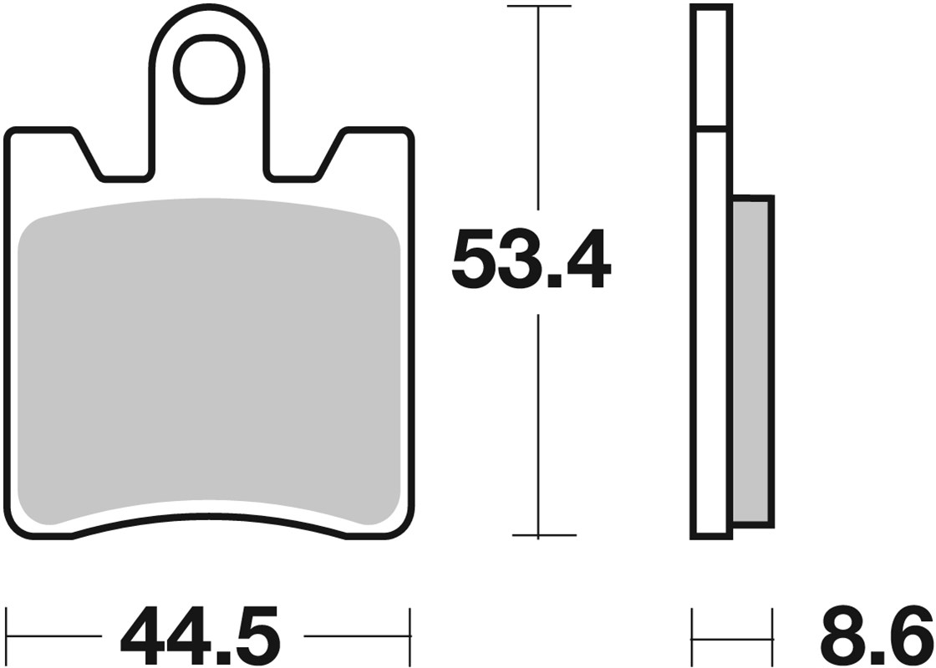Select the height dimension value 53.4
click(532, 261)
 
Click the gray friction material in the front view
click(209, 359)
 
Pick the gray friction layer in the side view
click(752, 359)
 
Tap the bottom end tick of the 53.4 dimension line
click(543, 535)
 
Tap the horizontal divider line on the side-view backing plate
click(712, 129)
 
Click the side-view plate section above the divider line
click(712, 67)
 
